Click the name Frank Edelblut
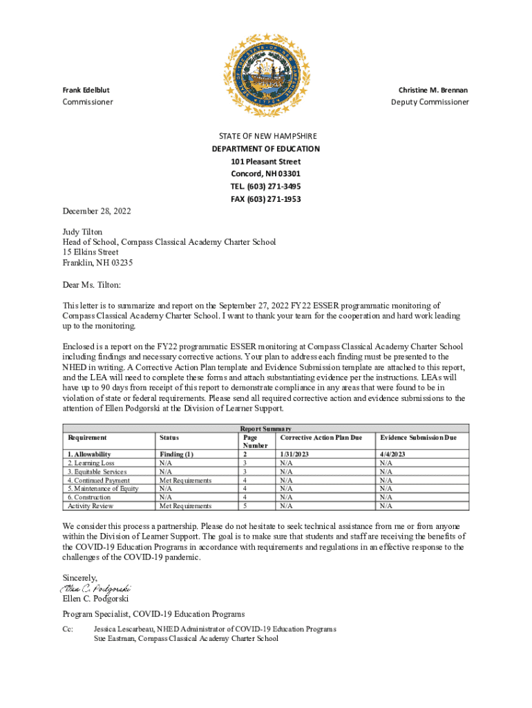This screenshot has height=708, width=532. [86, 90]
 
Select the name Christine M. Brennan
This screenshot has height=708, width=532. [433, 90]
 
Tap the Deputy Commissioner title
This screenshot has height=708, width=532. [430, 102]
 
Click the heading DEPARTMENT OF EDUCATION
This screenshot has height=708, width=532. [266, 149]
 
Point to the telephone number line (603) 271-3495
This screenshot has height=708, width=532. [266, 187]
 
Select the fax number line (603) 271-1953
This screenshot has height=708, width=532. [266, 199]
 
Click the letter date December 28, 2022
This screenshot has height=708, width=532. [97, 211]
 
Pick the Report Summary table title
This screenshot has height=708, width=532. [265, 429]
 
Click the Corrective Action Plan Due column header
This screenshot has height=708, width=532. [321, 438]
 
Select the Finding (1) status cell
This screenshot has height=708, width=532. [176, 454]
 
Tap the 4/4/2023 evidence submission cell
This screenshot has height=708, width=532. [393, 454]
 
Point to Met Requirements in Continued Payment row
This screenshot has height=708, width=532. [185, 480]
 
